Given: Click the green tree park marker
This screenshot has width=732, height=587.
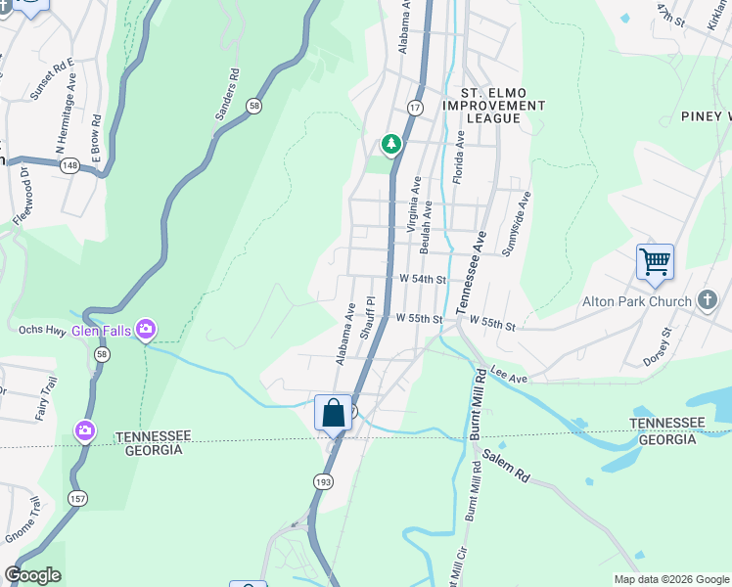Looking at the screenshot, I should [391, 145].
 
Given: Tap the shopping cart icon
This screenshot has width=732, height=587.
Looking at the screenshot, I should [655, 261].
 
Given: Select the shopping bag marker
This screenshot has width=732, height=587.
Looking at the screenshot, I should [333, 412].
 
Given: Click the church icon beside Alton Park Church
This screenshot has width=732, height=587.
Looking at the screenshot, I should [708, 301].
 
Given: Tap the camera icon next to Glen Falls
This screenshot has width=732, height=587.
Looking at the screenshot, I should [146, 330].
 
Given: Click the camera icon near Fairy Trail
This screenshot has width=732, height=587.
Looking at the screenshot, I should [85, 429].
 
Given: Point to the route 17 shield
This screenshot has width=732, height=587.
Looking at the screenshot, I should [415, 107].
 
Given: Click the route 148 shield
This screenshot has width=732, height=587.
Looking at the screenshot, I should [69, 166].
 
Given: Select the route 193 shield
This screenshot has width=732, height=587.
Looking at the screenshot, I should [323, 480].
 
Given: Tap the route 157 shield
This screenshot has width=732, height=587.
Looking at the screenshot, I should [74, 498].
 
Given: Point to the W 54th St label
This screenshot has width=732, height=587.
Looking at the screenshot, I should [422, 279].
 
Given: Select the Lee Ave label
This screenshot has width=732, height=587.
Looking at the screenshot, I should [509, 375].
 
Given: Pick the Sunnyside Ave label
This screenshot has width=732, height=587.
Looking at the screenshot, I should [515, 224].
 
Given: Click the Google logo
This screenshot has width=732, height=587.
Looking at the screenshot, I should [32, 575].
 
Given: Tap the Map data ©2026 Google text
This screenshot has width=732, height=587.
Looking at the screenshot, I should [671, 579].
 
